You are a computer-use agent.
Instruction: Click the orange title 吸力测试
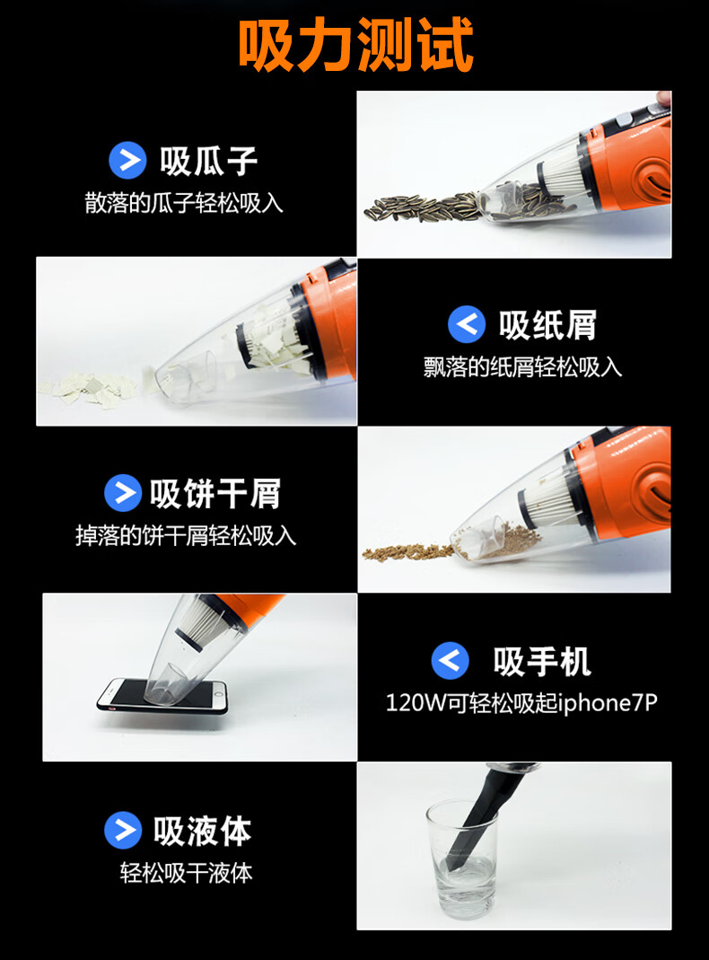[355, 44]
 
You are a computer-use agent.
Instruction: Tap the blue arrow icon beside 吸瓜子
[127, 161]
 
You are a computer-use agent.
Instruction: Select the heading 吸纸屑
[547, 324]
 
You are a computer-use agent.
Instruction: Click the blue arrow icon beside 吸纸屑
[466, 324]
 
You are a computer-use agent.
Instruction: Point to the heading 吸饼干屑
[215, 493]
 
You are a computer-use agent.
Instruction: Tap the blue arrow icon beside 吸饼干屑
[123, 493]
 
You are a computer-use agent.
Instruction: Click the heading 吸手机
[542, 661]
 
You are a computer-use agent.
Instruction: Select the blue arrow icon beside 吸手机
[451, 661]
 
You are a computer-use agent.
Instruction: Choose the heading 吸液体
[203, 831]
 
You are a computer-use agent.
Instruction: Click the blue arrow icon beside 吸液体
[123, 830]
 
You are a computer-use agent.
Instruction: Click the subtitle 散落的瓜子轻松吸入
[183, 203]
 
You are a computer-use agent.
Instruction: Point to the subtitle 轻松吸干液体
[186, 873]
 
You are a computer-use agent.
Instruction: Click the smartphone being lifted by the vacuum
[162, 696]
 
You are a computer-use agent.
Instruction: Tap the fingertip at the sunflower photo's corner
[663, 98]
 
